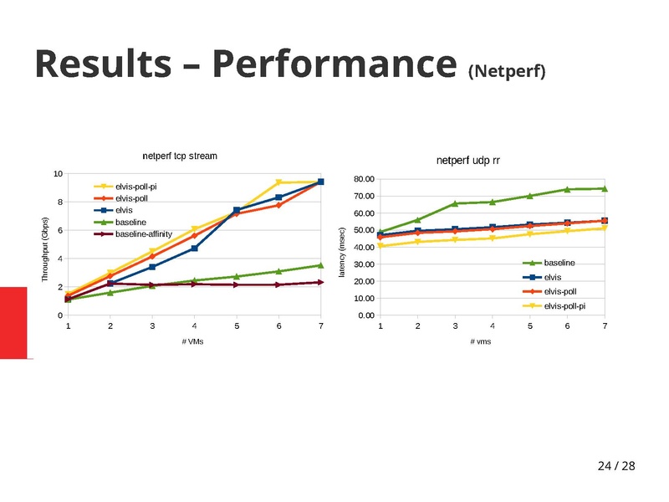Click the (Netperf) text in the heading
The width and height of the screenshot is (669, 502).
pyautogui.click(x=507, y=71)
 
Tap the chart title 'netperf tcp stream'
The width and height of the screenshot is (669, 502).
pyautogui.click(x=180, y=156)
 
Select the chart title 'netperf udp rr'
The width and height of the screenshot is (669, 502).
pyautogui.click(x=467, y=160)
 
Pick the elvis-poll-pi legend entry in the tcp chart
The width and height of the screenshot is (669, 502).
pyautogui.click(x=136, y=187)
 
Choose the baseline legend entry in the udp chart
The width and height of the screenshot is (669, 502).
pyautogui.click(x=559, y=264)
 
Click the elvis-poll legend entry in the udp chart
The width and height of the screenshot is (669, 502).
pyautogui.click(x=561, y=291)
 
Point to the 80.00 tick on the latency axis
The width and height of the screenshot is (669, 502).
pyautogui.click(x=364, y=179)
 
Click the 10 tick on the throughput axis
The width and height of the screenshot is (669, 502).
pyautogui.click(x=58, y=174)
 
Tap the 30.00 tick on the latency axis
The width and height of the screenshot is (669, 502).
pyautogui.click(x=364, y=264)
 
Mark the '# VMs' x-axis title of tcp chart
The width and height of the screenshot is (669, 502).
pyautogui.click(x=192, y=341)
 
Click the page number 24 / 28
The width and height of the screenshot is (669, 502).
pyautogui.click(x=616, y=466)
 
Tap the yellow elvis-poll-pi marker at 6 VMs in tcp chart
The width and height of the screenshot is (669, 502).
pyautogui.click(x=278, y=182)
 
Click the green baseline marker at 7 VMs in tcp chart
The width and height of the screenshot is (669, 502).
pyautogui.click(x=321, y=265)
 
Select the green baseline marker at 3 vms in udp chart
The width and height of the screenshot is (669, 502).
pyautogui.click(x=455, y=203)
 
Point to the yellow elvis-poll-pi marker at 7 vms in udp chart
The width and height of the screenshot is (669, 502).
pyautogui.click(x=605, y=228)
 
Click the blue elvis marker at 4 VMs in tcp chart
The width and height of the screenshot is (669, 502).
pyautogui.click(x=194, y=248)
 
